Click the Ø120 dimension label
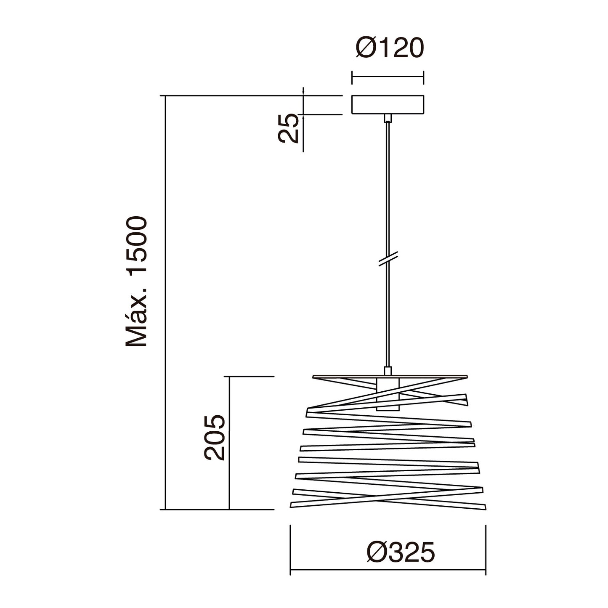pos(390,48)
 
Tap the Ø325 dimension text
pos(401,552)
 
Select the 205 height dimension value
pos(215,438)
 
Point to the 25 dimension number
pos(288,128)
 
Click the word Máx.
pos(136,319)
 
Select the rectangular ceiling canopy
pos(388,104)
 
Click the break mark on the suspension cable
pos(388,259)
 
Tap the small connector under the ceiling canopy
pos(388,118)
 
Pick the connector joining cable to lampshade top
pos(388,371)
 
